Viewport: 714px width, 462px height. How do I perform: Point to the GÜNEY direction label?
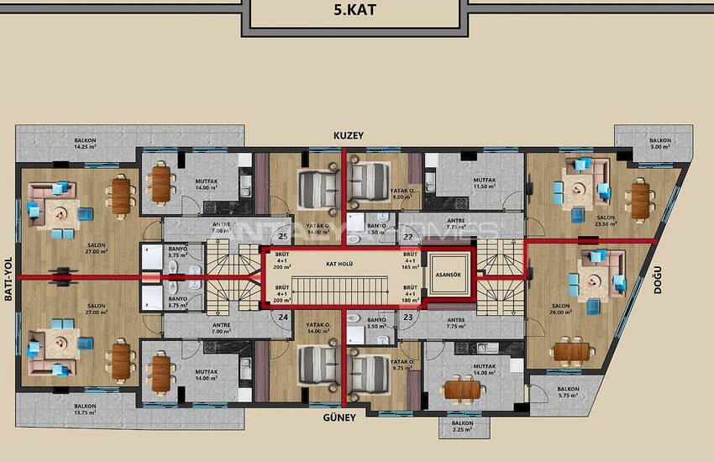340,417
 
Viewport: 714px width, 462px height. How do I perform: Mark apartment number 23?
407,318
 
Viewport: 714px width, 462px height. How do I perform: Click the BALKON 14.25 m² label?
85,144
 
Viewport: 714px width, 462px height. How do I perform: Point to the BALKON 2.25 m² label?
462,427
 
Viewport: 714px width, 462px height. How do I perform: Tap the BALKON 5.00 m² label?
659,144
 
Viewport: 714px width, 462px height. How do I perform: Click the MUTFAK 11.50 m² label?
484,182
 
